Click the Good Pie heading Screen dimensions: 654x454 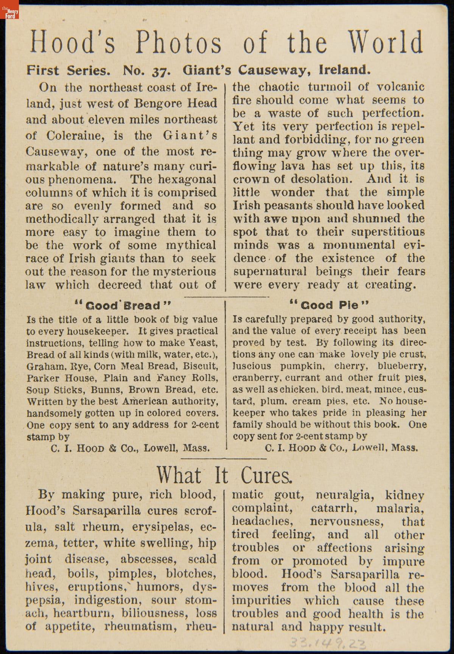(x=329, y=304)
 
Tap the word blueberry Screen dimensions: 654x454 (x=402, y=366)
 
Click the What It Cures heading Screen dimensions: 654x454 (x=224, y=475)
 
